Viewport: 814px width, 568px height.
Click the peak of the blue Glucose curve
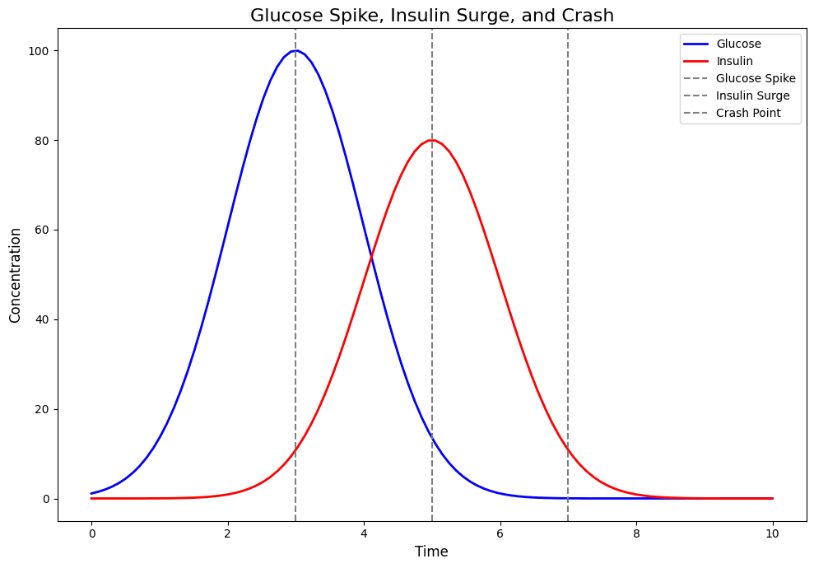[295, 51]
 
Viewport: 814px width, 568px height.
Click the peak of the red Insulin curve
[431, 140]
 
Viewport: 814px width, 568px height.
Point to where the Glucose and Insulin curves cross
[371, 258]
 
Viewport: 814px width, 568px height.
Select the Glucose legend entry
[738, 44]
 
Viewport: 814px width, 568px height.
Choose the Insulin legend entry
[734, 61]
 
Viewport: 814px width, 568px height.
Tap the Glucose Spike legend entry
[755, 78]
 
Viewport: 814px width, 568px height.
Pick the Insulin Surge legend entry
[752, 95]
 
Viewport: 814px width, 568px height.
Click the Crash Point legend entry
[747, 113]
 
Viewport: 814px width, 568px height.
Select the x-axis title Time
[431, 552]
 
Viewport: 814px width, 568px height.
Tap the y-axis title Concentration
[16, 275]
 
